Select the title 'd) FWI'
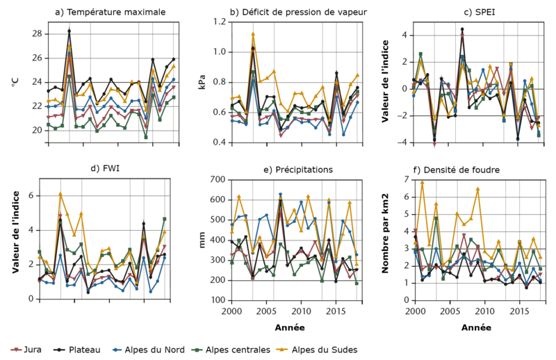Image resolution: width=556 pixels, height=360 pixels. [x=102, y=170]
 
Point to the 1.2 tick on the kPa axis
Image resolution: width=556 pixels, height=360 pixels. [x=218, y=22]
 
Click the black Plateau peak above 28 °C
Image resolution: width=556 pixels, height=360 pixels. [x=69, y=31]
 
